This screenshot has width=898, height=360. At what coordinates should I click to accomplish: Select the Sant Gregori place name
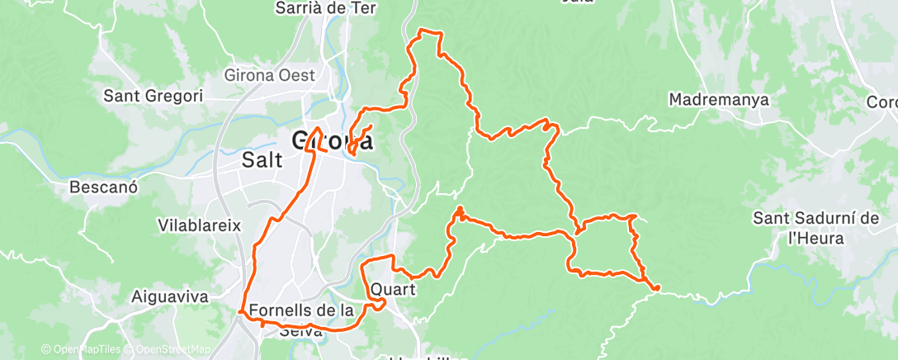153,96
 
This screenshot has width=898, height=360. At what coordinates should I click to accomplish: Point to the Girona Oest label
270,75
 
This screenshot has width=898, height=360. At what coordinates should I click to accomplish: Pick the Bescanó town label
103,187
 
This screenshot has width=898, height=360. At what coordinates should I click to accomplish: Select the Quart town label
393,291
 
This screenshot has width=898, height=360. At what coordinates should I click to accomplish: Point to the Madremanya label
719,100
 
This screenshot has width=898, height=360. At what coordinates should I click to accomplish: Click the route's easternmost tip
658,288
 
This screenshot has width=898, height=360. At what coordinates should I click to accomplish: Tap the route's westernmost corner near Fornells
239,311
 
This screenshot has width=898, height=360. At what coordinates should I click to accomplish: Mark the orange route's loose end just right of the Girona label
371,126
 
